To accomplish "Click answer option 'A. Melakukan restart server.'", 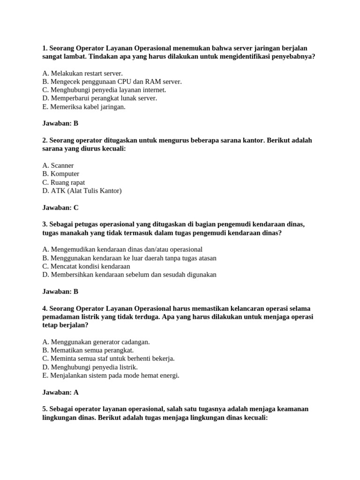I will point(82,73).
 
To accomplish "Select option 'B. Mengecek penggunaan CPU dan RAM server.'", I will point(112,82).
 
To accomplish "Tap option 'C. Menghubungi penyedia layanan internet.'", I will point(104,90).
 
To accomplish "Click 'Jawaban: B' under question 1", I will point(60,123).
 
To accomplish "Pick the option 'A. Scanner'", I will point(58,165).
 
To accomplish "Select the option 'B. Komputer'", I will point(60,174).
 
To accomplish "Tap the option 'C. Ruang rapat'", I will point(63,182).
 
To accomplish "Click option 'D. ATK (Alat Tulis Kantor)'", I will point(82,191).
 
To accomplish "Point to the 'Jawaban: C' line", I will point(60,207).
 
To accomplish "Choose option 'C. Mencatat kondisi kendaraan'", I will point(86,266).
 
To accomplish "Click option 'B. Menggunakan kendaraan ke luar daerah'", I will point(129,258).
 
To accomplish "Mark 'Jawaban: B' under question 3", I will point(60,291).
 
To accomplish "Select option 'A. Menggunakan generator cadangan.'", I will point(96,342).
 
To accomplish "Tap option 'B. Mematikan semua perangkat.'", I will point(88,350).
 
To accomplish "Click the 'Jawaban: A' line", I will point(60,392).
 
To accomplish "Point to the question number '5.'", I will point(45,409).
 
